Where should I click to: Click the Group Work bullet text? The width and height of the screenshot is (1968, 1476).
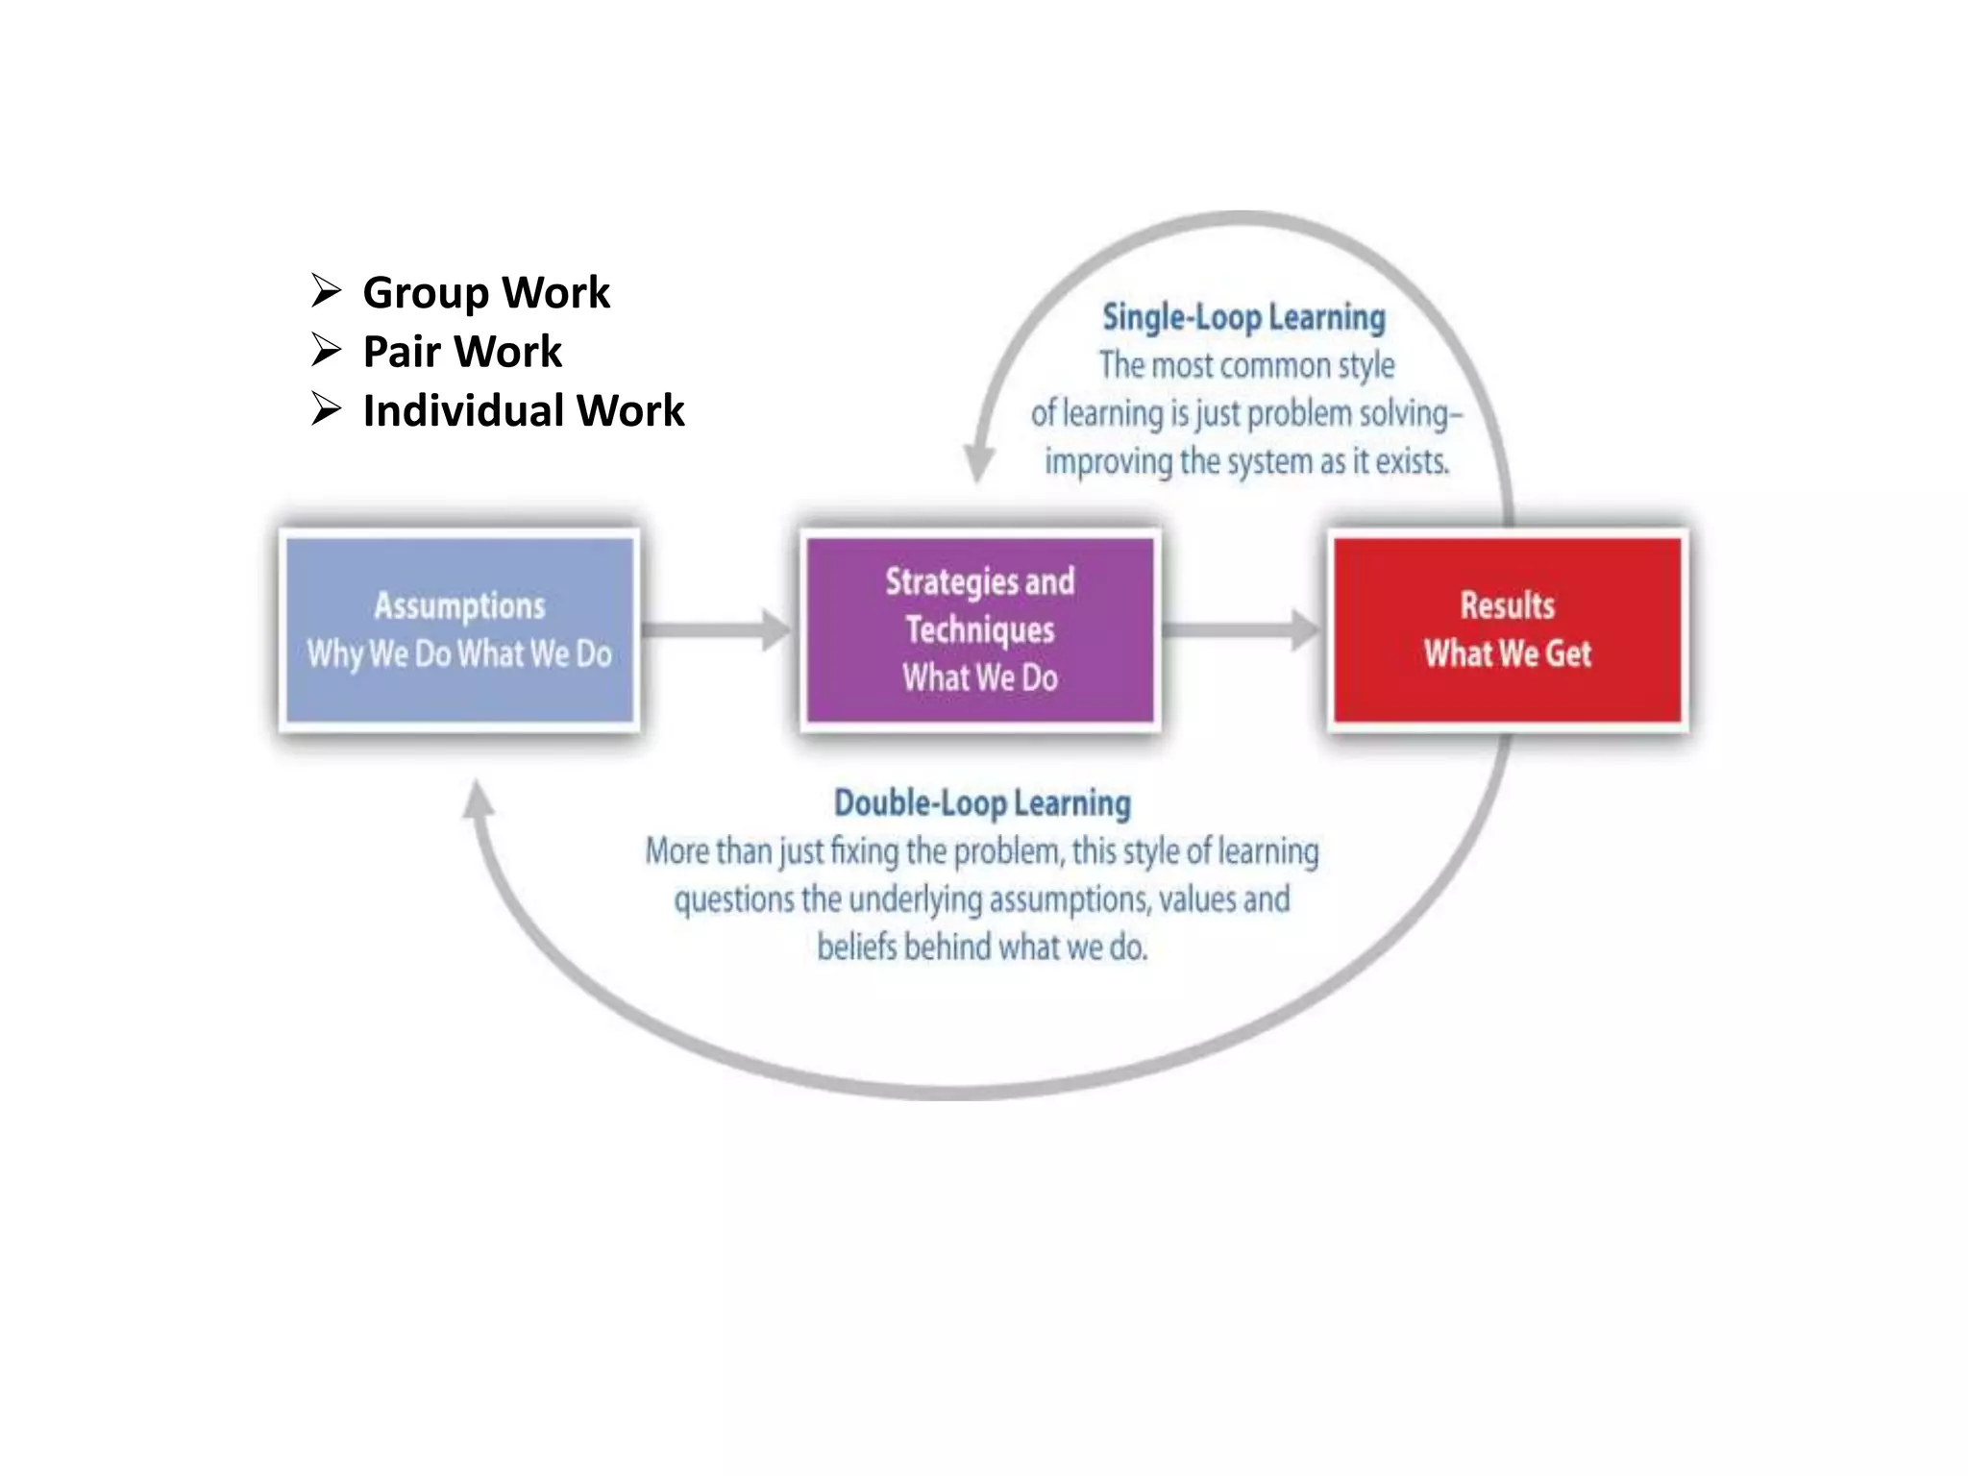486,292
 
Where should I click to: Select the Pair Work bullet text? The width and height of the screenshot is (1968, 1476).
462,352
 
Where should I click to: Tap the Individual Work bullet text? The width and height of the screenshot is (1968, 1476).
524,411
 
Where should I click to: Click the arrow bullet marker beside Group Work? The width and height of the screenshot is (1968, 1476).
327,290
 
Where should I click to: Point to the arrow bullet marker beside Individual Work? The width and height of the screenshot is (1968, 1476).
327,409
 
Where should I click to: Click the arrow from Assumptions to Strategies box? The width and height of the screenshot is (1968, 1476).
717,629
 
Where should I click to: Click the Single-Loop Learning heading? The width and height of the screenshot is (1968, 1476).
1243,317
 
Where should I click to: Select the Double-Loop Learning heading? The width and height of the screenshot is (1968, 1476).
982,803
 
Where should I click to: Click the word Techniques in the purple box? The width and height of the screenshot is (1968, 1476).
980,629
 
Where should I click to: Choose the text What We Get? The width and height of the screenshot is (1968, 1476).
1508,654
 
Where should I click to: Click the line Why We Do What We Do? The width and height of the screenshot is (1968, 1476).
459,654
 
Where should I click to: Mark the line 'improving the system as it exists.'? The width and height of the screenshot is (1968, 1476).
1246,462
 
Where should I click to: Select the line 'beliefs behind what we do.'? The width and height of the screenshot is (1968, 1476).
982,947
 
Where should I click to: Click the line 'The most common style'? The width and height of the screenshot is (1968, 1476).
1246,365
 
